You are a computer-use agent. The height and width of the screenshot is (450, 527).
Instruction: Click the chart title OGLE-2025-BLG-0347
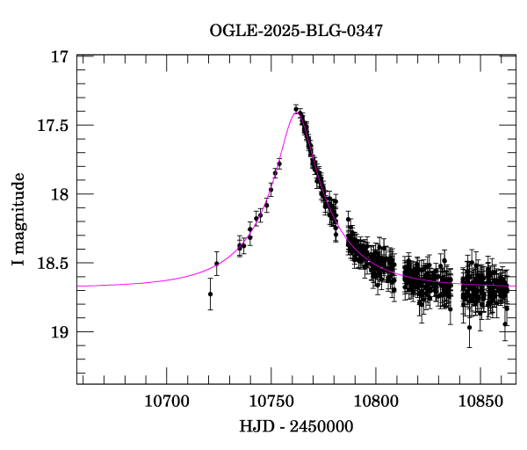pos(296,32)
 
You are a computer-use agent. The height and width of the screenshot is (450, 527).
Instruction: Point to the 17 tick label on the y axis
pos(59,57)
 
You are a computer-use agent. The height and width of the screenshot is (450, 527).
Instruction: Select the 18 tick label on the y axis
pos(59,194)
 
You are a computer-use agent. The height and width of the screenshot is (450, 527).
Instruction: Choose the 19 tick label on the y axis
pos(59,331)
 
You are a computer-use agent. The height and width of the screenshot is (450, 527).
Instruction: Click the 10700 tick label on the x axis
pos(166,401)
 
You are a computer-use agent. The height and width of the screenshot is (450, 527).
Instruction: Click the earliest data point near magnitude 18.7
pos(210,294)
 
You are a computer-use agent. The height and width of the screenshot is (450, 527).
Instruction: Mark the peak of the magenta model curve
pos(295,112)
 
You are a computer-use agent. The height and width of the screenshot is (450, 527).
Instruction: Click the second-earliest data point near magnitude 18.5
pos(216,264)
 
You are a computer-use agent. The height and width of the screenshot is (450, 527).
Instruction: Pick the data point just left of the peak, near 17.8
pos(279,163)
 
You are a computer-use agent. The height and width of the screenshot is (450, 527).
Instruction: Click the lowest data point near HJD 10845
pos(469,328)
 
